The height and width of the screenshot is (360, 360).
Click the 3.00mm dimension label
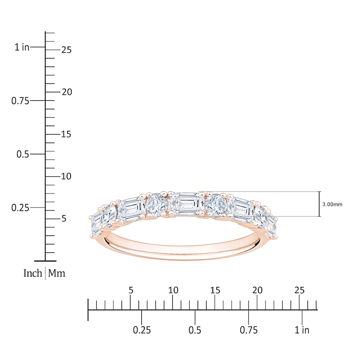coord(332,204)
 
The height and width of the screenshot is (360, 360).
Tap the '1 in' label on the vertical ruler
coord(22,47)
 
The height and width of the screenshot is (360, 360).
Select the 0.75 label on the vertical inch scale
coord(20,101)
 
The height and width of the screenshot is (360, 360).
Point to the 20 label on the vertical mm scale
coord(67,92)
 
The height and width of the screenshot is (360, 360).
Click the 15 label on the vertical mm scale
coord(66,134)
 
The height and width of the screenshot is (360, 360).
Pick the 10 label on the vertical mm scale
coord(66,176)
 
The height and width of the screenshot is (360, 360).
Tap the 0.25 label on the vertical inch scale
coord(20,208)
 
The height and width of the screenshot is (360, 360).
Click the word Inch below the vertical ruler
coord(32,273)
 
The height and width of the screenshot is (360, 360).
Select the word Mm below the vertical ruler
coord(57,273)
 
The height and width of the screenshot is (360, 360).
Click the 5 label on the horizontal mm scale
coord(131,290)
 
